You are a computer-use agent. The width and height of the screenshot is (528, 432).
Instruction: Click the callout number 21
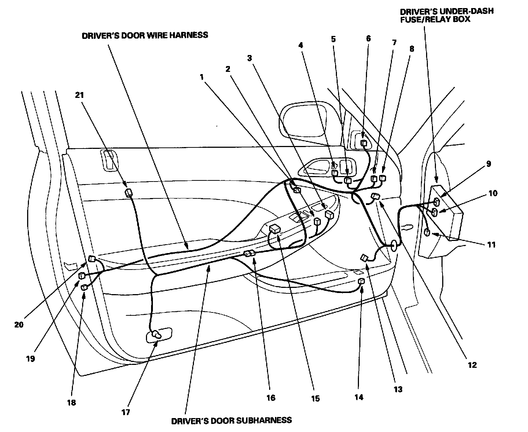[x=80, y=95]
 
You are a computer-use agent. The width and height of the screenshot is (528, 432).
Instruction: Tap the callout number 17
[x=126, y=412]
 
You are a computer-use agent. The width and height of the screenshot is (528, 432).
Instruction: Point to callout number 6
[x=368, y=38]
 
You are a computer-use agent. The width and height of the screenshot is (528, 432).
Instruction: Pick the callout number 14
[x=359, y=397]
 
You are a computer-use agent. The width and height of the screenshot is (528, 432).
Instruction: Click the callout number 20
[x=19, y=325]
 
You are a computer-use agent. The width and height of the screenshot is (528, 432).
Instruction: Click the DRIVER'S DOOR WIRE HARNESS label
[x=145, y=35]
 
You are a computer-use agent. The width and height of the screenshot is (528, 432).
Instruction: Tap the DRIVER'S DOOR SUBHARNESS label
[x=232, y=420]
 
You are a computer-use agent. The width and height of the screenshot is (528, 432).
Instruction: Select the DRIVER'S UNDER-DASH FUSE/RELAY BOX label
[x=446, y=15]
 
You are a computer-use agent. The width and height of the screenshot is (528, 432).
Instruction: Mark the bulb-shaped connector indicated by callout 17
[x=156, y=334]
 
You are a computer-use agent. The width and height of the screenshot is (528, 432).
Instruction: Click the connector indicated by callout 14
[x=361, y=282]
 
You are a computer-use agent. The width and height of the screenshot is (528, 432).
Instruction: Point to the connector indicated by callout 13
[x=365, y=258]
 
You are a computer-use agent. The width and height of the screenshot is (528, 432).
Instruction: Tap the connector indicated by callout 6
[x=365, y=143]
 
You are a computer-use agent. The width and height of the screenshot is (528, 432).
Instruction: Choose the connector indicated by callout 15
[x=275, y=229]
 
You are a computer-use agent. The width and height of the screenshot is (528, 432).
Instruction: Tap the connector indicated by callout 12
[x=375, y=196]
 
